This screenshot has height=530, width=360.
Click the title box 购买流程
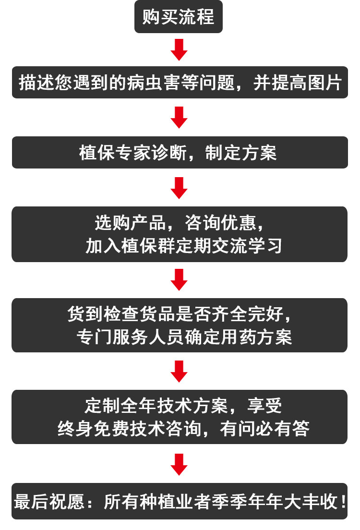pos(179,17)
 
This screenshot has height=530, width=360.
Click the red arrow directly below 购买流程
pos(179,49)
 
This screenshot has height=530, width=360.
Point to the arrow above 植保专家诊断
pos(179,117)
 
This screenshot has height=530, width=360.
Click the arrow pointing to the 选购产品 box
pos(179,188)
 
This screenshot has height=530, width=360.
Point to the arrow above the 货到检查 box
pos(179,279)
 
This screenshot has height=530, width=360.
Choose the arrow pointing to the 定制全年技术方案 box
pos(179,371)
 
